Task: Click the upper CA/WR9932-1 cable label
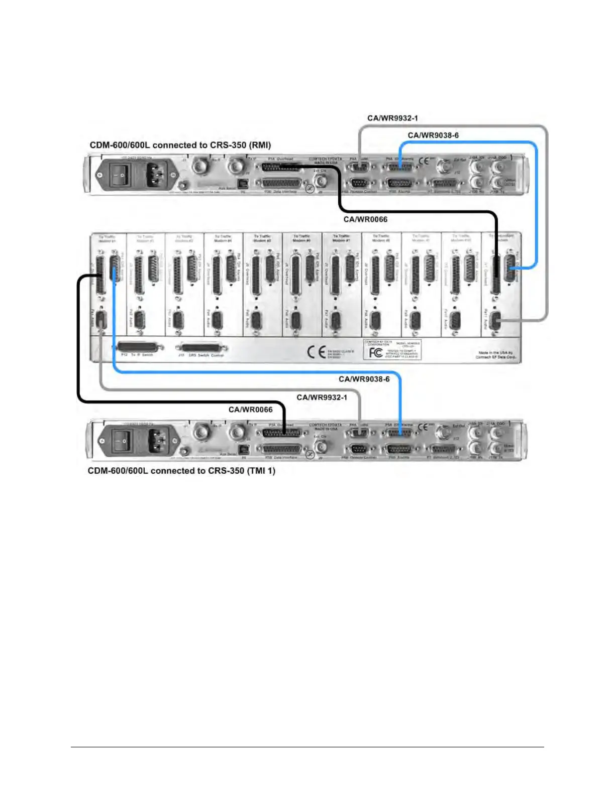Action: pos(392,118)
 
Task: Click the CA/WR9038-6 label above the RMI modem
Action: pos(433,136)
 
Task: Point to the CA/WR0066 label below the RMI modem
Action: pos(365,219)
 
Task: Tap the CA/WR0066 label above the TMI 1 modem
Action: pos(250,410)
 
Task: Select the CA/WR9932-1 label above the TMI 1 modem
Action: pos(322,398)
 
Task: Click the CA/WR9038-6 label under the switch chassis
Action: pos(364,379)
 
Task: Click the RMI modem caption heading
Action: pos(180,146)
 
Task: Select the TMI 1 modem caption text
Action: pos(181,471)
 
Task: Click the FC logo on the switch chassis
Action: pos(375,352)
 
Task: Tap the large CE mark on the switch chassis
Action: pos(317,352)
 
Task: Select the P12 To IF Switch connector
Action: pos(140,347)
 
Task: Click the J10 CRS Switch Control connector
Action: pos(203,347)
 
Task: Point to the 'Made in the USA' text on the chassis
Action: pos(495,355)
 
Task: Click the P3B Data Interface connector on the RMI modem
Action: pos(282,183)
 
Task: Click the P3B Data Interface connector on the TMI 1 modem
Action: pos(282,449)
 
